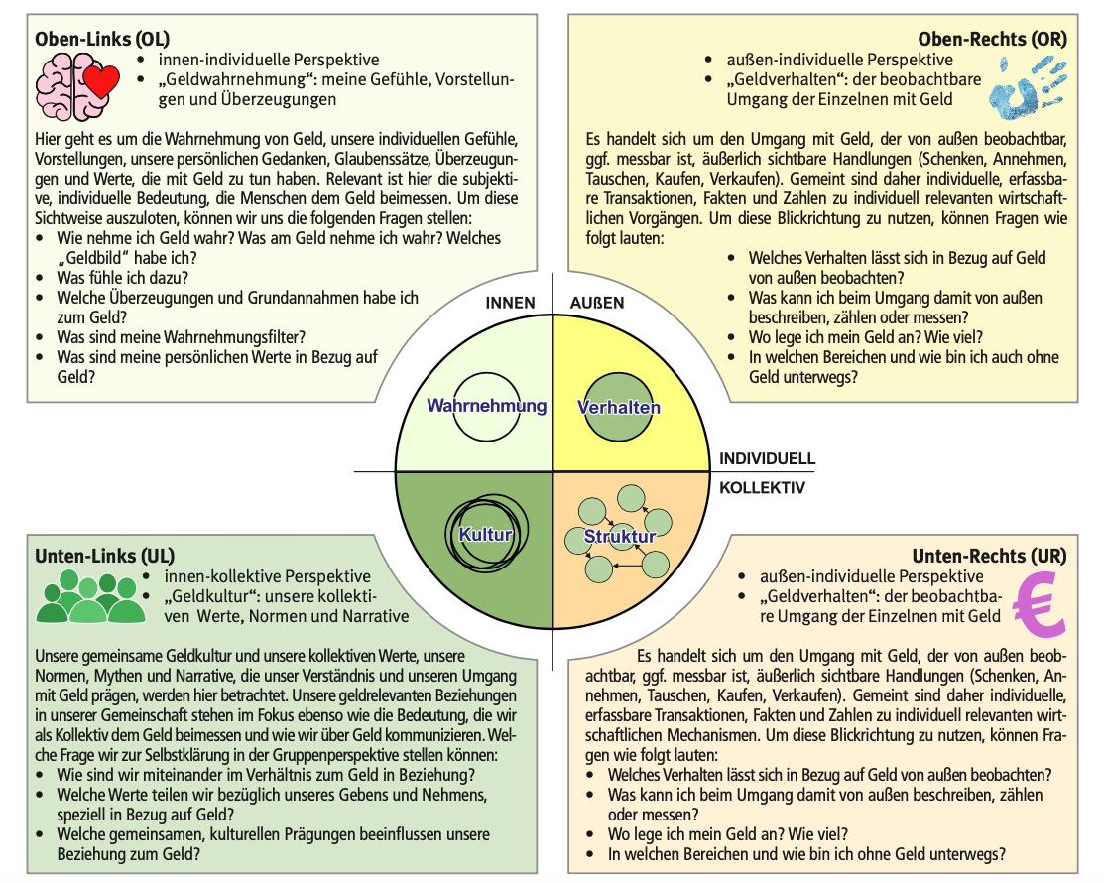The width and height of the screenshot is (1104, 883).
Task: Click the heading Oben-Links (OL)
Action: click(x=102, y=40)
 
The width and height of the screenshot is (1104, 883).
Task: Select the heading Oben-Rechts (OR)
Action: click(x=993, y=40)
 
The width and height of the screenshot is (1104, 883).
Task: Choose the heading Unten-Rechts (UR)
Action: click(x=991, y=555)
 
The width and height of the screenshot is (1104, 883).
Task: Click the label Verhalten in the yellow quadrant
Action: click(x=619, y=407)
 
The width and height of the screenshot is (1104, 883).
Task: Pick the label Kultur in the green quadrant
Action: click(x=485, y=535)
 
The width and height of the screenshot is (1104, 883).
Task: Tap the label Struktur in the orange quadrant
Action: click(x=619, y=537)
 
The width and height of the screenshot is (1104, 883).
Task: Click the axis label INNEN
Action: click(x=510, y=303)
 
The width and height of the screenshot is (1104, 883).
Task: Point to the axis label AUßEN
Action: click(x=597, y=303)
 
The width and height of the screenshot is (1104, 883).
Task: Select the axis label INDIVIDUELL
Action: click(x=767, y=459)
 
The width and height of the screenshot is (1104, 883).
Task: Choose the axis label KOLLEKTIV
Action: click(x=762, y=488)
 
